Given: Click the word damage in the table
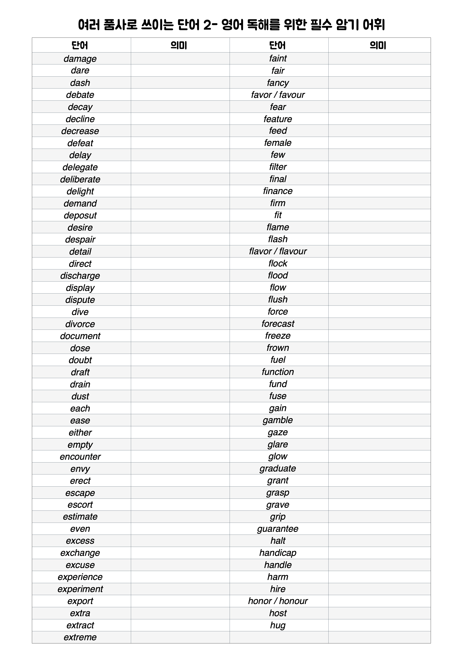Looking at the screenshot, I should [x=80, y=59].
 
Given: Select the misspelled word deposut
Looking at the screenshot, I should [x=80, y=215].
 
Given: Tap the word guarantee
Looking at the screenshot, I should [x=278, y=529].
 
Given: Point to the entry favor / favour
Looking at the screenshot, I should [x=278, y=95].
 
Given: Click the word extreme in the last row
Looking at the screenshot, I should [x=80, y=637].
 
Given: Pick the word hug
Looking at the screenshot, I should [x=278, y=625].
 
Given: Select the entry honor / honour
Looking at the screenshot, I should [x=278, y=601].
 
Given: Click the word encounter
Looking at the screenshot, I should [x=80, y=457].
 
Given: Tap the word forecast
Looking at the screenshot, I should [x=278, y=324].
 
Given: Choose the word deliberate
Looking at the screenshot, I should [x=80, y=179].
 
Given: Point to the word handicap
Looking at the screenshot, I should [x=278, y=553].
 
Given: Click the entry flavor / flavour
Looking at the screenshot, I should [x=278, y=251].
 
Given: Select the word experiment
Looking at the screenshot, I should [x=80, y=589].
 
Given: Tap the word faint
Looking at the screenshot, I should [x=278, y=58].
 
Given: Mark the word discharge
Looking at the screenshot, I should [x=80, y=276].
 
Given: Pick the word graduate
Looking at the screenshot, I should [x=278, y=468].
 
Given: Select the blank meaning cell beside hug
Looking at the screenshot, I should [x=379, y=625].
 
